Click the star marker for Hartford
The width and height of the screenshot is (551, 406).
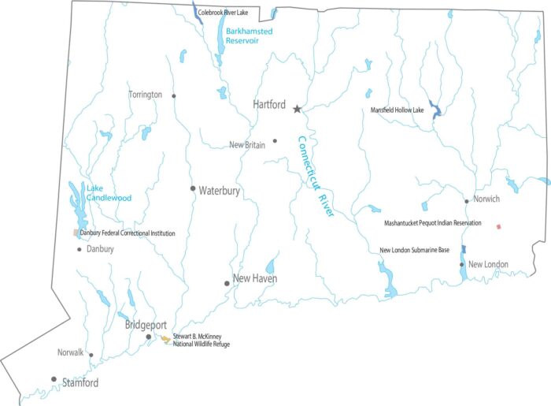pos(297,109)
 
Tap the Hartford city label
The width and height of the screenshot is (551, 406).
pos(268,104)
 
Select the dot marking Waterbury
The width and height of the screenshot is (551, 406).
pos(192,188)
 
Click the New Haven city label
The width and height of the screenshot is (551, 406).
pos(255,279)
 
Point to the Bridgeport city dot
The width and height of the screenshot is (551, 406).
pos(149,337)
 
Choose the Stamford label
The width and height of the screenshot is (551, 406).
pos(80,383)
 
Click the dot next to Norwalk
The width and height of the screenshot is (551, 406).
pos(91,355)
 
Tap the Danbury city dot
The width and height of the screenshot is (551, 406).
pos(80,250)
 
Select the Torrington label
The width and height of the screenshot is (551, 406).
pos(146,95)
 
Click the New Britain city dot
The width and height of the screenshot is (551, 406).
pos(275,141)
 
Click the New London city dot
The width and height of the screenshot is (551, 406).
pos(462,264)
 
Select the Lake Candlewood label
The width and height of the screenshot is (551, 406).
pos(109,193)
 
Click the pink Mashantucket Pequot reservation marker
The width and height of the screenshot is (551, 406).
pos(498,226)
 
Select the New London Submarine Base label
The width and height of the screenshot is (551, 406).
pos(414,250)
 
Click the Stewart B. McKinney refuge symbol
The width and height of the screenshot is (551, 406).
pos(165,339)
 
